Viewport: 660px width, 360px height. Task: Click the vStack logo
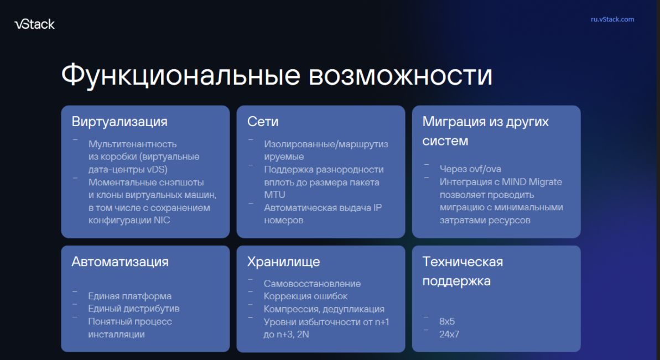tap(34, 24)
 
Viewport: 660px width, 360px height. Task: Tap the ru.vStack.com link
tap(612, 19)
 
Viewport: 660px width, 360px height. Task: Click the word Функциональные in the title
tap(181, 76)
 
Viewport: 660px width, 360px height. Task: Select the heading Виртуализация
tap(119, 122)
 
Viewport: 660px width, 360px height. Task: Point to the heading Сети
tap(263, 122)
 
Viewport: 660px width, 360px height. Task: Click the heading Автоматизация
tap(120, 262)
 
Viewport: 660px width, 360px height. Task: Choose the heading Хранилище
tap(283, 262)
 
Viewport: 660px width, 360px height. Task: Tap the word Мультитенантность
tap(133, 144)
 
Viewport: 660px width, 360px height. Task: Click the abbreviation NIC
tap(162, 220)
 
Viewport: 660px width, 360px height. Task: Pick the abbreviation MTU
tap(274, 195)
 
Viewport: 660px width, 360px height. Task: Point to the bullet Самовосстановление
tap(313, 284)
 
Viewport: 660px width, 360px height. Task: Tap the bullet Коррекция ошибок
tap(305, 296)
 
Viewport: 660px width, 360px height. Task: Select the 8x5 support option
tap(447, 321)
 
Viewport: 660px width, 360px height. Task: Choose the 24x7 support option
tap(449, 335)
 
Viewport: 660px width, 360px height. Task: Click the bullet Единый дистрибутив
tap(134, 309)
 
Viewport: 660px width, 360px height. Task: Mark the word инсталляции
tap(117, 335)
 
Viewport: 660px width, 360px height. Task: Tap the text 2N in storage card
tap(303, 335)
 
